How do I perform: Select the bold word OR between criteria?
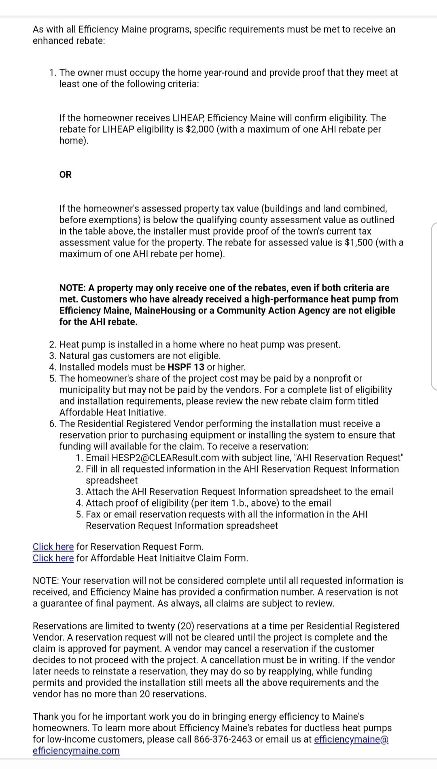click(x=66, y=175)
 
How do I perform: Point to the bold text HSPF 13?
click(x=186, y=367)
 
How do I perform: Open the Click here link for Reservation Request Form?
click(x=53, y=547)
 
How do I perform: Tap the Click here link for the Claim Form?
click(x=53, y=558)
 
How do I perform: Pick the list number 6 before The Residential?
click(x=52, y=424)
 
